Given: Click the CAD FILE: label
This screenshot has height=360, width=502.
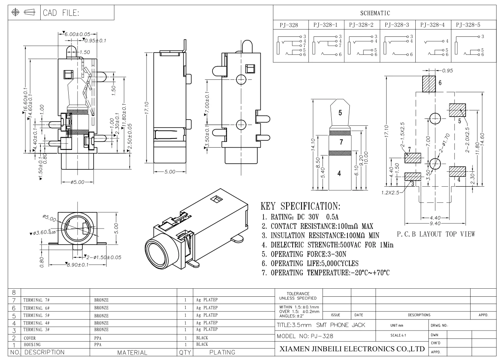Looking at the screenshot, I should pos(61,13).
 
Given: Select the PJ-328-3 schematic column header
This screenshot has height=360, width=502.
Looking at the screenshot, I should pos(397,25).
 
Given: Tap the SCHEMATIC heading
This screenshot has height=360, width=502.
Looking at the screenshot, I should pos(375,13).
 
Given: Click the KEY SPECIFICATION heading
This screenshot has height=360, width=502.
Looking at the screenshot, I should pos(300,206).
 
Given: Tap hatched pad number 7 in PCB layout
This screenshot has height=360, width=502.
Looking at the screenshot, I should pos(413,158).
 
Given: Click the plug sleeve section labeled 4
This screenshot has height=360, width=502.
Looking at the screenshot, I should pos(339,173).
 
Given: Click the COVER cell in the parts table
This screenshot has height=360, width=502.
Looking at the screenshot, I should pos(30,339).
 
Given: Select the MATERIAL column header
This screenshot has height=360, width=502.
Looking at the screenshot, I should pos(132,352).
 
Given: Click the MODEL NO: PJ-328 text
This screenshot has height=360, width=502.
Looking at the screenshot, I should pos(305,336).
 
